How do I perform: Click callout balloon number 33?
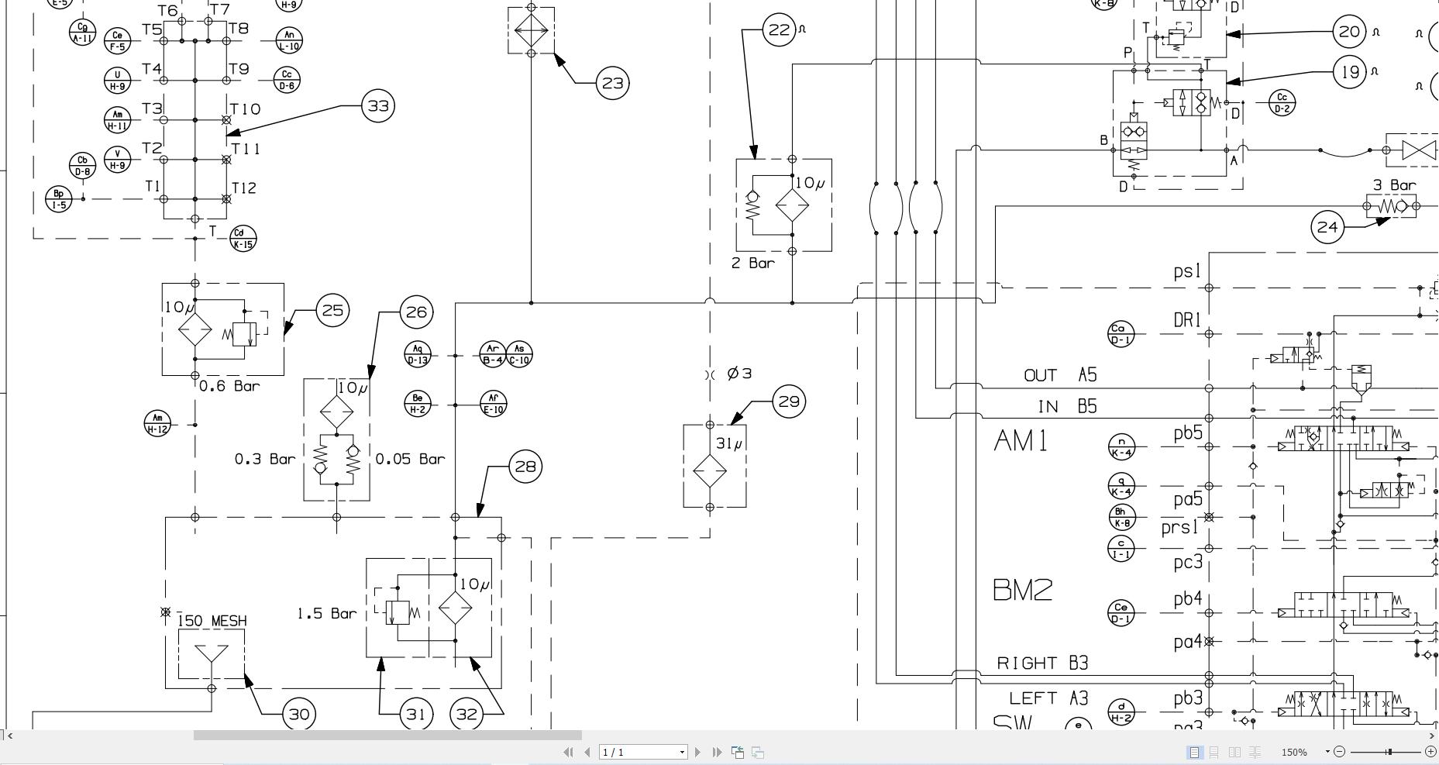[x=378, y=105]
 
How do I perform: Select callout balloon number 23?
[x=612, y=83]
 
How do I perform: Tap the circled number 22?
[x=779, y=30]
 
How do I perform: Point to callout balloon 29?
[x=789, y=401]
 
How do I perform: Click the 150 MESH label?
[x=212, y=621]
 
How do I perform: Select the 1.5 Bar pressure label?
[x=327, y=614]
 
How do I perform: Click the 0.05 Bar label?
[x=410, y=459]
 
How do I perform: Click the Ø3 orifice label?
[x=740, y=374]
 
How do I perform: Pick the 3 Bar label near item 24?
[x=1394, y=185]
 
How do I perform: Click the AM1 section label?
[x=1021, y=441]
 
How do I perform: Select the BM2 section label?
[x=1022, y=590]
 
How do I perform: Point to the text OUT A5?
[x=1060, y=375]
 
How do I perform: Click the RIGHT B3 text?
[x=1042, y=663]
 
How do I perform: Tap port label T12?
[x=243, y=188]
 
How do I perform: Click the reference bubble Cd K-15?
[x=243, y=239]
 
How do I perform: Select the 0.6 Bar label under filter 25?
[x=229, y=386]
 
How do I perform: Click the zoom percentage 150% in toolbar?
[x=1293, y=752]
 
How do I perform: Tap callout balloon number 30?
[x=299, y=714]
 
